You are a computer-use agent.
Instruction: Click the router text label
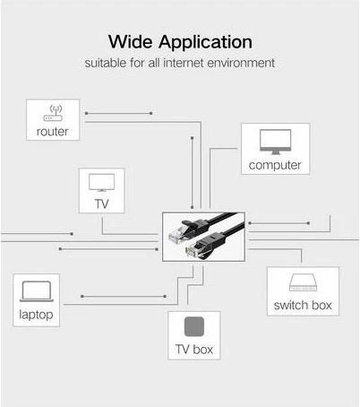pos(52,132)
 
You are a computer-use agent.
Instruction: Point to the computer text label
pos(275,165)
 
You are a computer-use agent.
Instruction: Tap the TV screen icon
pos(101,183)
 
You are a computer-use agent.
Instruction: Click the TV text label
pos(101,203)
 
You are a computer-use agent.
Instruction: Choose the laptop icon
pos(36,292)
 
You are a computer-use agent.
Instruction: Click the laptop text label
pos(36,315)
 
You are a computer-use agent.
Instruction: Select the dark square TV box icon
pos(194,325)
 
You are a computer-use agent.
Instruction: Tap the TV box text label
pos(194,349)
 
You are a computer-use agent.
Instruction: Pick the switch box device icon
pos(302,284)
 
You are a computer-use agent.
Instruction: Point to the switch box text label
pos(302,305)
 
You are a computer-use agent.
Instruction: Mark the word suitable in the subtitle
pos(107,64)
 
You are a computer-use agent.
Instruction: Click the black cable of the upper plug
pos(219,221)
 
